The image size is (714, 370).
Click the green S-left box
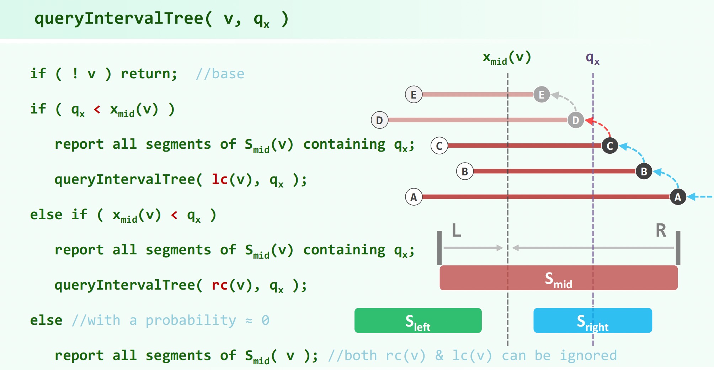click(x=418, y=321)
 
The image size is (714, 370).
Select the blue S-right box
click(x=592, y=321)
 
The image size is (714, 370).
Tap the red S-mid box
click(x=558, y=278)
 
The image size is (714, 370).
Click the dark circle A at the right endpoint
click(x=678, y=197)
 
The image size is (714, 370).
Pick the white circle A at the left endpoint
click(x=414, y=197)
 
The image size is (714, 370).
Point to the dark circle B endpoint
click(x=644, y=171)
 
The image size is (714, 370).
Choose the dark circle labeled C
click(x=610, y=146)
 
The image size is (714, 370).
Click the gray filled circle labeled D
click(x=576, y=120)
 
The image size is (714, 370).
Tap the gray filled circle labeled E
click(x=542, y=95)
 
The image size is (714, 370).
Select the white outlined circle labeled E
click(x=414, y=95)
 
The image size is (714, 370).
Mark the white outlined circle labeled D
click(x=379, y=120)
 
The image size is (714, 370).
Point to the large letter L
click(x=457, y=230)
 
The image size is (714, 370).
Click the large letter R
click(x=661, y=230)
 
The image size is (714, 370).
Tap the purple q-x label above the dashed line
click(x=592, y=58)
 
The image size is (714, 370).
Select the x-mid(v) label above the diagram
click(x=507, y=58)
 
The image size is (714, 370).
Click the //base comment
click(x=220, y=74)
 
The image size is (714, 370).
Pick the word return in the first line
click(x=149, y=74)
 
